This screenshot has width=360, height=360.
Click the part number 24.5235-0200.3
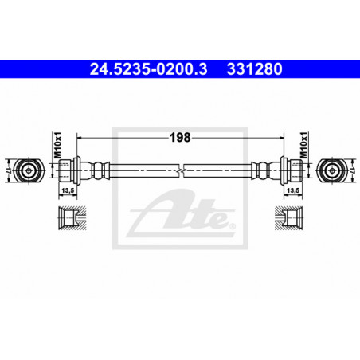tap(148, 69)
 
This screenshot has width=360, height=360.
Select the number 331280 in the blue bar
tap(254, 69)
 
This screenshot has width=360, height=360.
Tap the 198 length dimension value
tap(180, 138)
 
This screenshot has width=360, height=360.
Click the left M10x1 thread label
tap(57, 145)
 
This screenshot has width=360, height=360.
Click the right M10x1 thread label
tap(303, 145)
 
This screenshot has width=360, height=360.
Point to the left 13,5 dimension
tap(68, 190)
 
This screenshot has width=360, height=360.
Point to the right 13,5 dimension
tap(293, 190)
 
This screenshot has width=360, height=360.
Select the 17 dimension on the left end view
tap(8, 170)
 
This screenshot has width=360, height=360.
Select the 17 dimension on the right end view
tap(352, 170)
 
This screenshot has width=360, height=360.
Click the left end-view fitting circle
tap(28, 170)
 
